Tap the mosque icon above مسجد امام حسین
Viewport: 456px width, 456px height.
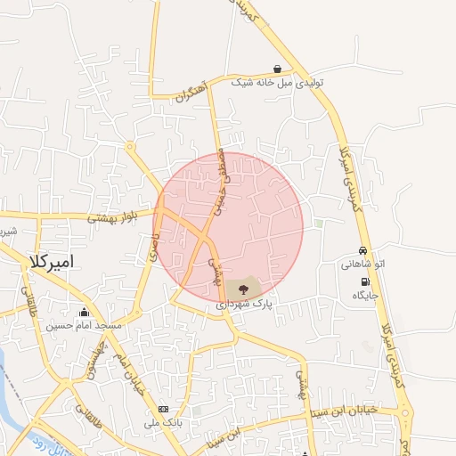(85, 312)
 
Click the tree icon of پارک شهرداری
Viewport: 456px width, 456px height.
(243, 289)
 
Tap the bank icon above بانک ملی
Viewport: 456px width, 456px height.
(162, 409)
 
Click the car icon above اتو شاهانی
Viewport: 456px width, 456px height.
(362, 250)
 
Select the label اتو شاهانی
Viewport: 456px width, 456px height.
(362, 264)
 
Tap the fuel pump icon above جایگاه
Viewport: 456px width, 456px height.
(366, 281)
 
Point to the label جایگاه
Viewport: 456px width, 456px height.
(366, 295)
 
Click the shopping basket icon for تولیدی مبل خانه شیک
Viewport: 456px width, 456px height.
(278, 69)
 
